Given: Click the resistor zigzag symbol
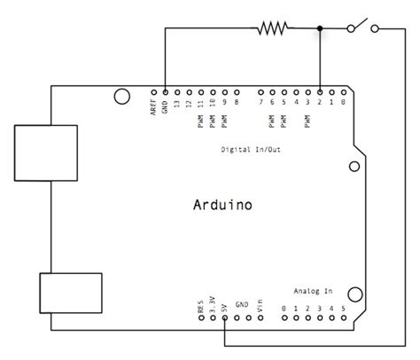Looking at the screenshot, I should click(273, 29).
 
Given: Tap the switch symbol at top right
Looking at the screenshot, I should click(363, 27).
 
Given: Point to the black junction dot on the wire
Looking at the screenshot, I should click(320, 29).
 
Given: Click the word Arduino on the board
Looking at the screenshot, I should click(222, 205).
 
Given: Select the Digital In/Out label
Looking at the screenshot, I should click(252, 149).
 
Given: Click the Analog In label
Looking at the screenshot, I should click(312, 291).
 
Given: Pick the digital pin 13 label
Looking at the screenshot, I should click(178, 103).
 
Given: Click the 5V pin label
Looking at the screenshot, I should click(225, 307).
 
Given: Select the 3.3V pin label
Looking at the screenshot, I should click(214, 304).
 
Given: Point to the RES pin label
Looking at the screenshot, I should click(202, 306).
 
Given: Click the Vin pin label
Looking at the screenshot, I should click(261, 306).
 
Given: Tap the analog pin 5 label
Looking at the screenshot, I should click(343, 309).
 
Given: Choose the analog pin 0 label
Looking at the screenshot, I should click(284, 309).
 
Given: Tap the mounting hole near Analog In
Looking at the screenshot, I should click(355, 294).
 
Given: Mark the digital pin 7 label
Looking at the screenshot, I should click(261, 103).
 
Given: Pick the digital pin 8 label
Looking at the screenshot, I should click(237, 103).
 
